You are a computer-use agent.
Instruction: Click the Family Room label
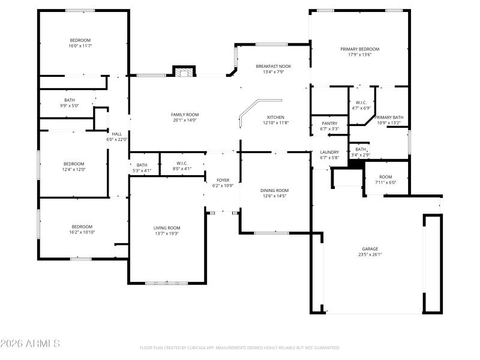(185, 115)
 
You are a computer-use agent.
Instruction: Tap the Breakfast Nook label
(274, 66)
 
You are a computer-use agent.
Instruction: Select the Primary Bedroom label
(360, 49)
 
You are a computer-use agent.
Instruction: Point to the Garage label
(370, 248)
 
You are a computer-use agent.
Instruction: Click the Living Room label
(167, 227)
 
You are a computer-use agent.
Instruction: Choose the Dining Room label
(275, 190)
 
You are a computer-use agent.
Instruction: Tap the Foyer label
(223, 180)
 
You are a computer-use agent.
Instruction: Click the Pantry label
(329, 123)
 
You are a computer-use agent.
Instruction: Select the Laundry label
(329, 152)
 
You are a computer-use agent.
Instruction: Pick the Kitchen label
(276, 117)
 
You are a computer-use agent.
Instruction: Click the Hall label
(117, 134)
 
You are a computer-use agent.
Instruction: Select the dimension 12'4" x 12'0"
(74, 169)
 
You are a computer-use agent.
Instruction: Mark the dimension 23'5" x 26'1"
(370, 254)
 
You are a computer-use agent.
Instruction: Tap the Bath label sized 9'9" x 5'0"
(70, 100)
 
